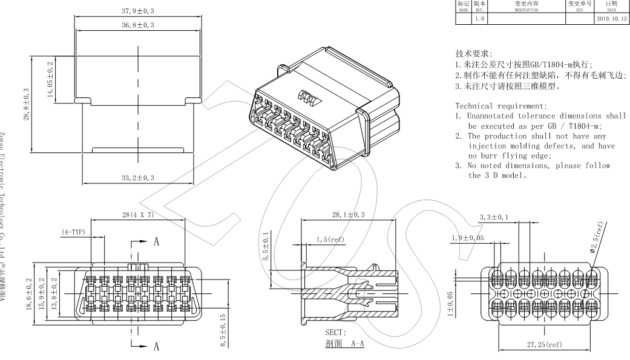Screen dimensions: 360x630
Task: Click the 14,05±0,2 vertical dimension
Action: click(x=51, y=79)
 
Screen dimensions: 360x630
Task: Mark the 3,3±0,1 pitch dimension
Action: click(x=494, y=216)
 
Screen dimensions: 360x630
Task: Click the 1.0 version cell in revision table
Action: click(x=479, y=18)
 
